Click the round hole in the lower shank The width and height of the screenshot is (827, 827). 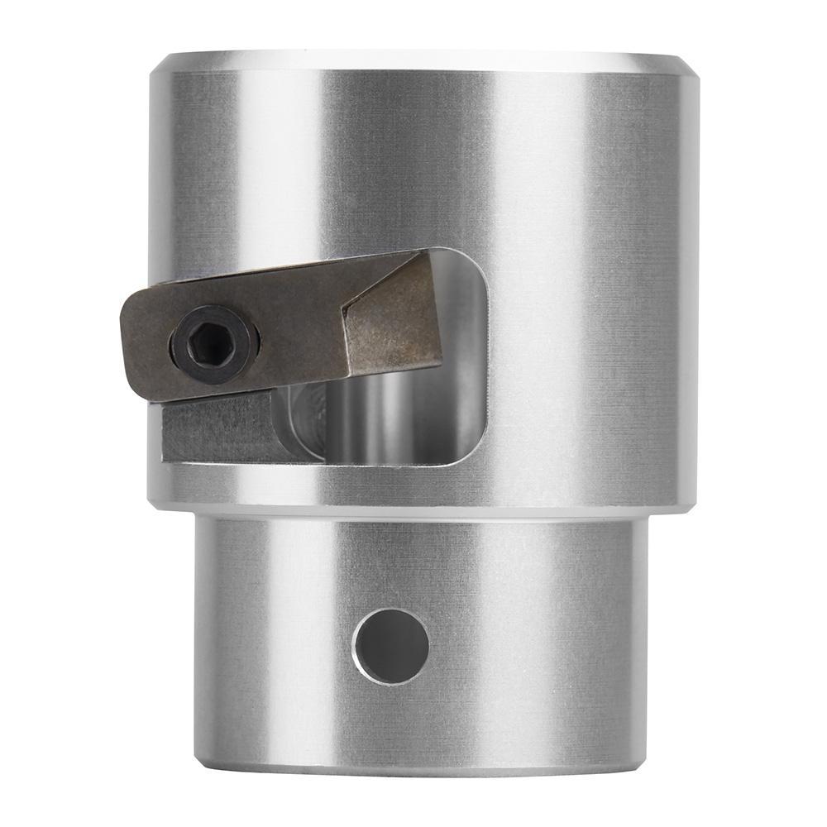click(x=390, y=645)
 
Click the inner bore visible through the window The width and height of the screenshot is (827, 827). click(x=389, y=422)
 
